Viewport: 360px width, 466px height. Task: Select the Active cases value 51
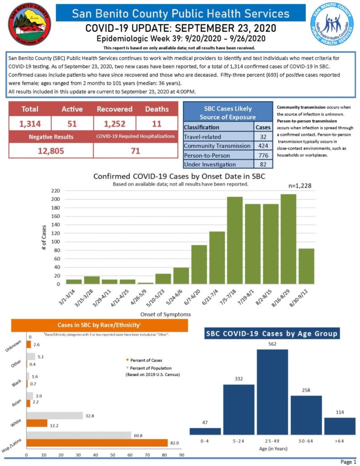(72, 124)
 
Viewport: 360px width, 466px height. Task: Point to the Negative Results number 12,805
(51, 151)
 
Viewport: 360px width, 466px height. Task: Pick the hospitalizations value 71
(135, 151)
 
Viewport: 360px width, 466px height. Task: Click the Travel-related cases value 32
(263, 136)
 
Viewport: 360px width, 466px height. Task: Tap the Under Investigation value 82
(263, 164)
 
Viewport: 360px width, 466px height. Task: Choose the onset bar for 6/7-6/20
(199, 264)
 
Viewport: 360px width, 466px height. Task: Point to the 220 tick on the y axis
(55, 191)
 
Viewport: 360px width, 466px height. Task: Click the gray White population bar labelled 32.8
(55, 415)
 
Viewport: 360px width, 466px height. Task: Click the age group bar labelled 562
(273, 391)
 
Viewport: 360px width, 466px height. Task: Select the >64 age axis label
(340, 441)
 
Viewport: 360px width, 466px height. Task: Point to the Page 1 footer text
(348, 462)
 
